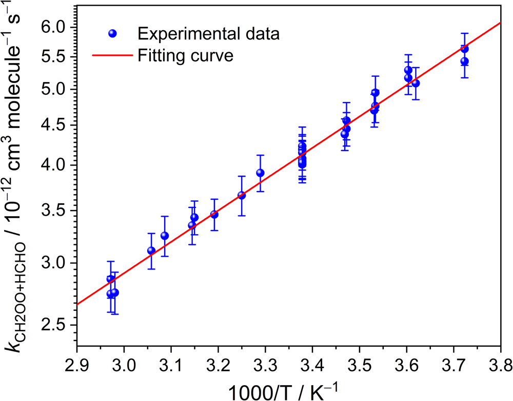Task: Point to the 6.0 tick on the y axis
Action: pos(53,27)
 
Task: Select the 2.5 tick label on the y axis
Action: pos(53,326)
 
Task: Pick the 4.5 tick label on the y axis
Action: pos(53,125)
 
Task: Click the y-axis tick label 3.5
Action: pos(53,210)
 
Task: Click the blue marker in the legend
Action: pos(113,34)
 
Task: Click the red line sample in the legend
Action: pos(113,55)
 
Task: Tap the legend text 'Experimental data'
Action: pos(208,34)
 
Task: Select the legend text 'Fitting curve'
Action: pos(186,55)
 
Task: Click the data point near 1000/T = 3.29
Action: pos(260,173)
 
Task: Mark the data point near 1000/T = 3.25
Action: pos(242,196)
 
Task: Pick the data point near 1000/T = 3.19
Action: pos(214,215)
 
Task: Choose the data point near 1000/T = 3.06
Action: pos(151,251)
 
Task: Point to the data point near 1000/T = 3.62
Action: pos(416,83)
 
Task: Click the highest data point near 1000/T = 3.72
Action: pos(465,49)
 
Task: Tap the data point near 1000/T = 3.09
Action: pos(165,236)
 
